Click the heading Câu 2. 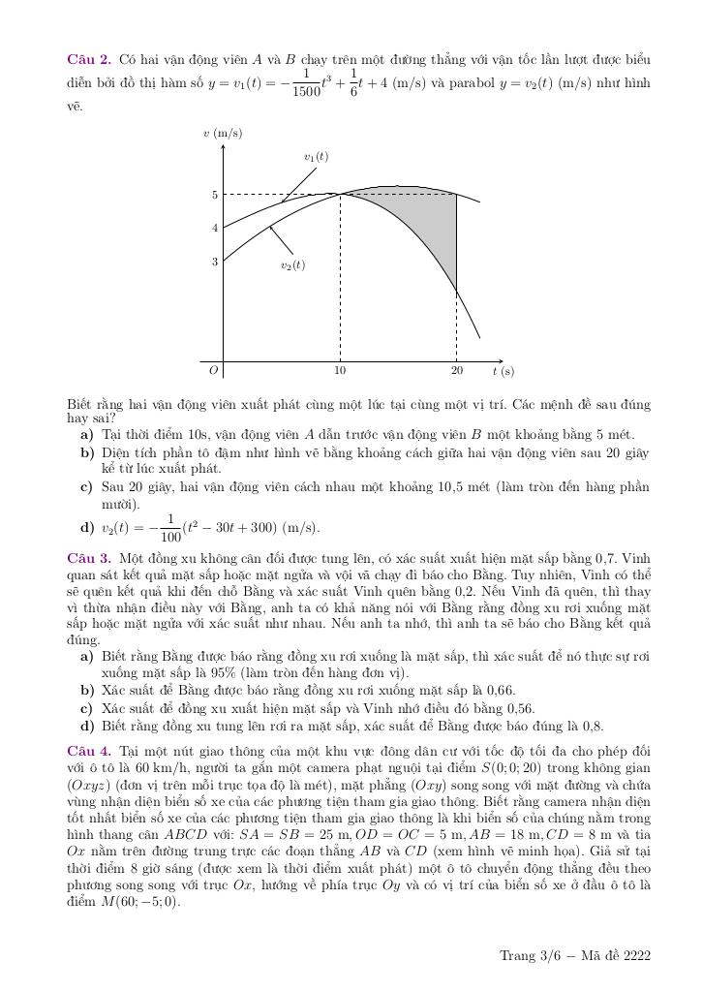coord(88,59)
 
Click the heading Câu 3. coord(88,558)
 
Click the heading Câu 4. coord(88,751)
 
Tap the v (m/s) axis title coord(223,133)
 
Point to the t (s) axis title coord(503,371)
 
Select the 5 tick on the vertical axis coord(215,195)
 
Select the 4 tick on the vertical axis coord(215,229)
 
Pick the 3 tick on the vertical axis coord(215,262)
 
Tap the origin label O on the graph coord(214,370)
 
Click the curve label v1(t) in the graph coord(316,157)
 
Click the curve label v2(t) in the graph coord(292,264)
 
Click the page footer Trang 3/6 coord(530,956)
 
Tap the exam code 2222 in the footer coord(637,956)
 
